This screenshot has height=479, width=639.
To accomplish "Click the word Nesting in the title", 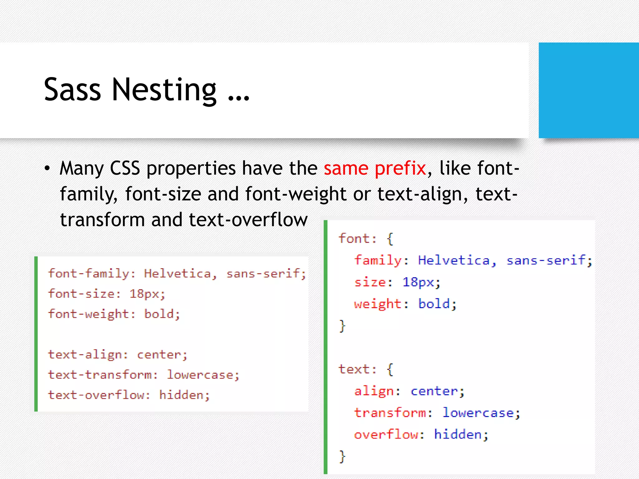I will [164, 90].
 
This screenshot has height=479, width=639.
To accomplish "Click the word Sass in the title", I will [72, 90].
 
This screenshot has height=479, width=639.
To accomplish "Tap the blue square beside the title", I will [588, 90].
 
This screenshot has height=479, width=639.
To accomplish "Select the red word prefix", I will [400, 169].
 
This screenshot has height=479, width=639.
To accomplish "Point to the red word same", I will [346, 168].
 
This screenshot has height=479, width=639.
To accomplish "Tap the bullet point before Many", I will [47, 169].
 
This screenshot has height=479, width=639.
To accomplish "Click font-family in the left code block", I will [89, 273].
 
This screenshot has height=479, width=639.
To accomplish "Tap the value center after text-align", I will [159, 355].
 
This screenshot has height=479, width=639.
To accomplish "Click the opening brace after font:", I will [390, 239].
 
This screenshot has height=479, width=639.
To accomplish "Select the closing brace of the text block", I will [342, 457].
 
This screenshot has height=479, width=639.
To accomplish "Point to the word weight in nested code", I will [378, 304].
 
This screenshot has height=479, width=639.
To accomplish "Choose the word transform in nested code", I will [390, 413].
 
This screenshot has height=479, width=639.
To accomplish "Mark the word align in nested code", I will [374, 391].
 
